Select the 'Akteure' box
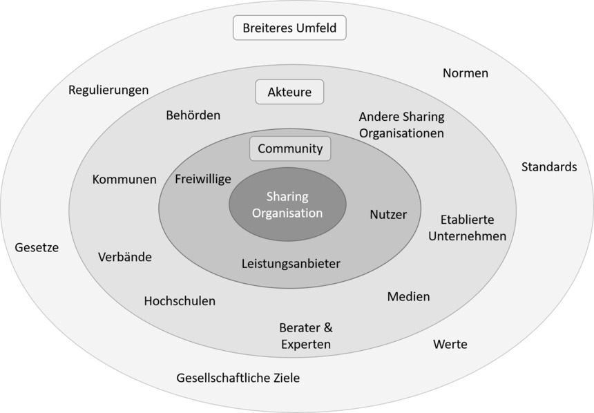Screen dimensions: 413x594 point(289,92)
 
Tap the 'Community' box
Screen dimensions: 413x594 point(290,148)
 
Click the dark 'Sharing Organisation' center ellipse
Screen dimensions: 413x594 point(287,205)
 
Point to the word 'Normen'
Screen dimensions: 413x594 point(466,73)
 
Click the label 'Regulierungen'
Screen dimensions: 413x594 point(108,90)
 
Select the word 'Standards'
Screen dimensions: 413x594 point(549,166)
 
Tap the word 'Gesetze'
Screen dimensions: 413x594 point(37,247)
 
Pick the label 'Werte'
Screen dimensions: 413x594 point(450,344)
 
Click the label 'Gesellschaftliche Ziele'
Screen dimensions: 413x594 point(238,378)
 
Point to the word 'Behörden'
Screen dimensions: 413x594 point(193,115)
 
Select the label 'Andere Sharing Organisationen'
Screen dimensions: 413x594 point(401,124)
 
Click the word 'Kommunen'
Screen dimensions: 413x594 point(124,180)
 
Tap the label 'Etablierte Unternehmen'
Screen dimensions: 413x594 point(467,228)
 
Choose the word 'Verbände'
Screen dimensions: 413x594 point(125,257)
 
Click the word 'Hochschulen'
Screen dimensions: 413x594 point(180,301)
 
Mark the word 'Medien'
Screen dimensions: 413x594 point(408,296)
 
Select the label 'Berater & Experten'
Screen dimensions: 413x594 point(305,336)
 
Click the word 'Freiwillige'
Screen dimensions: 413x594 point(203,178)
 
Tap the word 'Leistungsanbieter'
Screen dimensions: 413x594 point(291,263)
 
